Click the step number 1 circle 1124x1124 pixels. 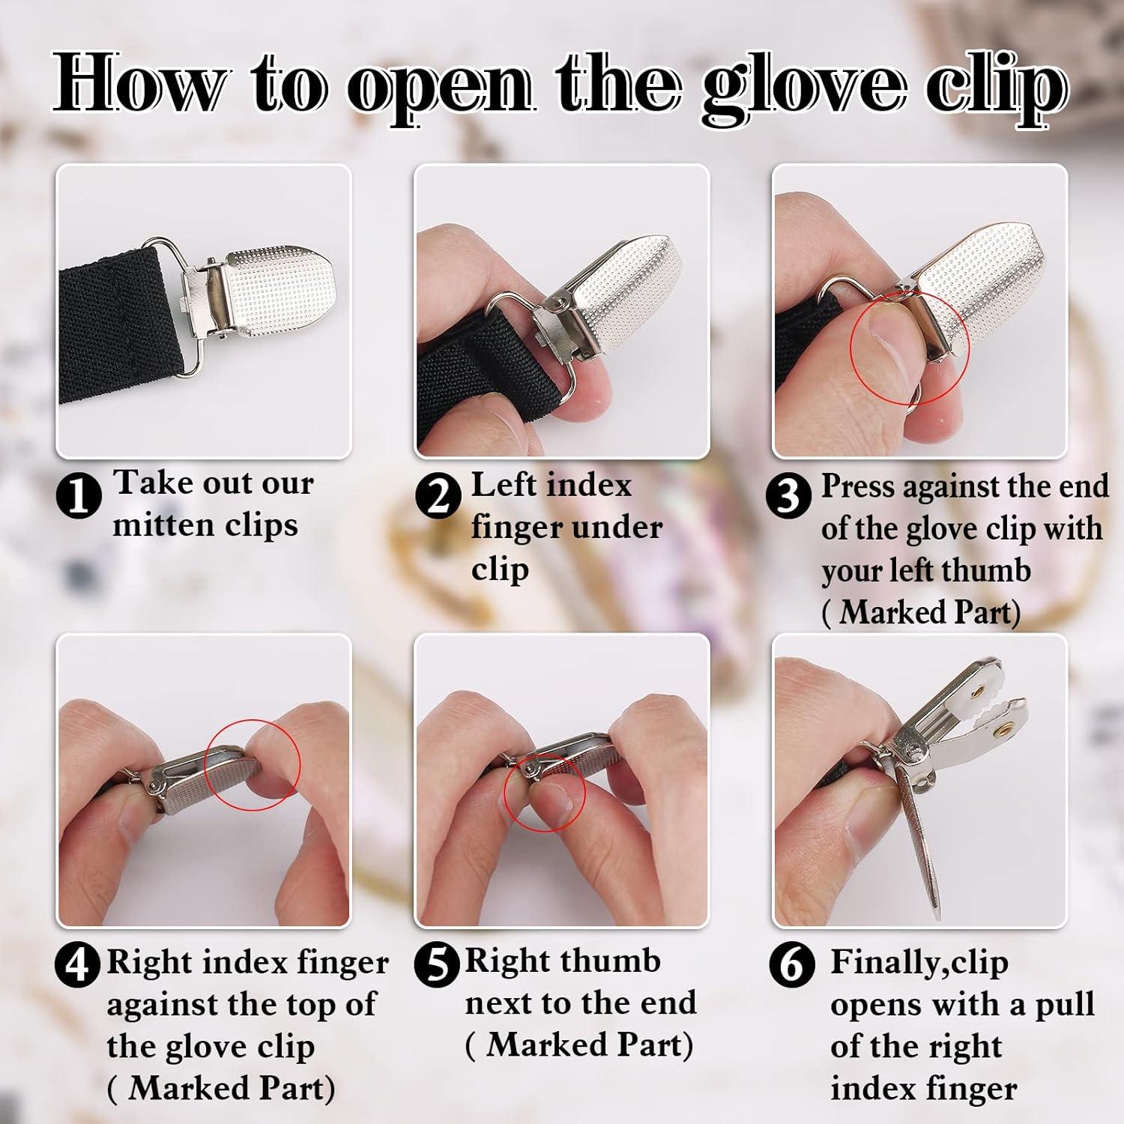tap(79, 495)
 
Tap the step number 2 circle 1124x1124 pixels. tap(438, 495)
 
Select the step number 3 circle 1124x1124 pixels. tap(788, 495)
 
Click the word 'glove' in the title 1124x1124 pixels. tap(807, 88)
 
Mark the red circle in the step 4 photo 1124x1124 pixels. tap(252, 764)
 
